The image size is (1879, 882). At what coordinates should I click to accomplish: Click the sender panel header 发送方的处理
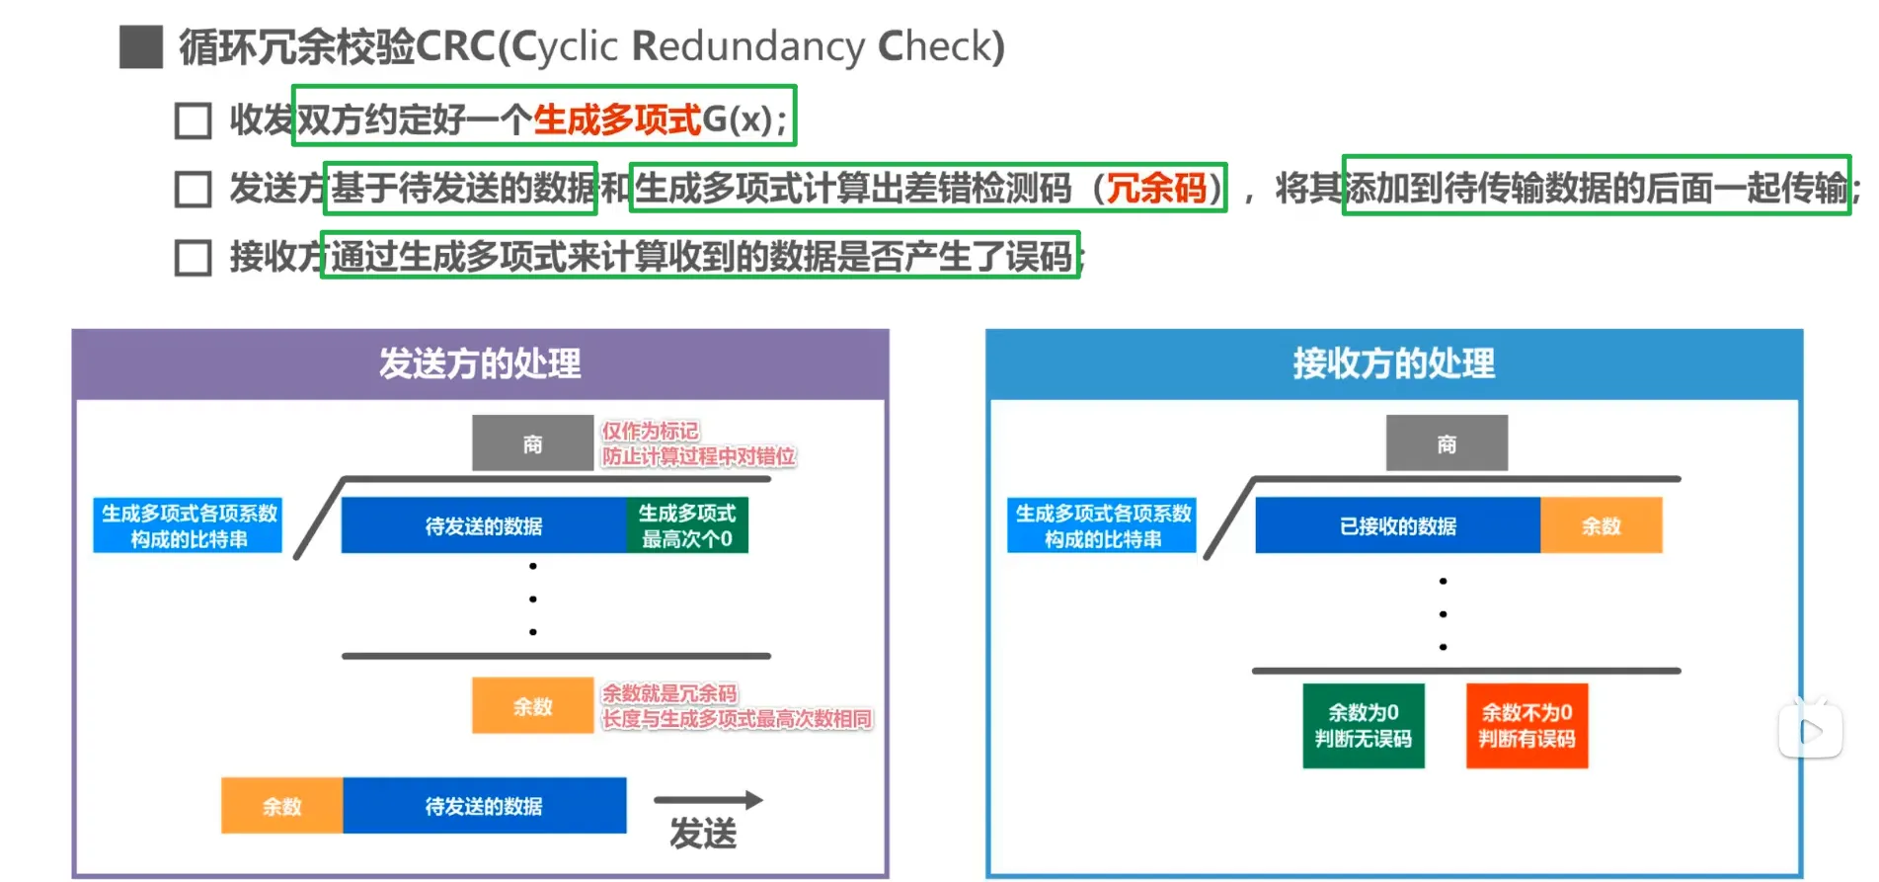point(480,363)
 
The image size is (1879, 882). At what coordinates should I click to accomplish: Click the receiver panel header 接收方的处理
point(1393,363)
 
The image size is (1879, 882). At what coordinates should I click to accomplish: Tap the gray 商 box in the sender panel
point(532,443)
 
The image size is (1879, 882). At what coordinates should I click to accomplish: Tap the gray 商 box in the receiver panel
point(1447,443)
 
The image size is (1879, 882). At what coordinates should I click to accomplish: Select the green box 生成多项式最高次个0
point(687,525)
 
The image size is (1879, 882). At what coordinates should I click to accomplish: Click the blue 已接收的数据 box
point(1397,525)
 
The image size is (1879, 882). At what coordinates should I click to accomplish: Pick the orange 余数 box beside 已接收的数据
point(1601,525)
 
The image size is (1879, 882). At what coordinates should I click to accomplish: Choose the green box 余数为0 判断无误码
point(1363,726)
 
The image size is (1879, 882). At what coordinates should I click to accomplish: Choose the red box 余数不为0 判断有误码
point(1527,726)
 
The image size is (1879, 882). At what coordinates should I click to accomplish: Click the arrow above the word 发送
point(708,800)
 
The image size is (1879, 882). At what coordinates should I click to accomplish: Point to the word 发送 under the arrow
point(703,835)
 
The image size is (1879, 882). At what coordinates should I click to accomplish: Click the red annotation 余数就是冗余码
point(669,693)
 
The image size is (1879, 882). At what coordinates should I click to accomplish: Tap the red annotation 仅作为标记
point(650,431)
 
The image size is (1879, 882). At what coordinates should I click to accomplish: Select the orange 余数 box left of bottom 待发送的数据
point(281,806)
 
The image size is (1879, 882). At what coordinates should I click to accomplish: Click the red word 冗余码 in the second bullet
point(1156,188)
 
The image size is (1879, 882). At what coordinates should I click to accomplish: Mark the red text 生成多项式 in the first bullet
point(617,120)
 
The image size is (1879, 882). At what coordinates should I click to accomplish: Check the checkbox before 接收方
point(193,258)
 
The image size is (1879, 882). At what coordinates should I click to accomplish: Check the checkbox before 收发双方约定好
point(193,120)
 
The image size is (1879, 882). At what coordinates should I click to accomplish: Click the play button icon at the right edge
point(1810,731)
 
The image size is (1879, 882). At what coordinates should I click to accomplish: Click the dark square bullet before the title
point(141,46)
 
